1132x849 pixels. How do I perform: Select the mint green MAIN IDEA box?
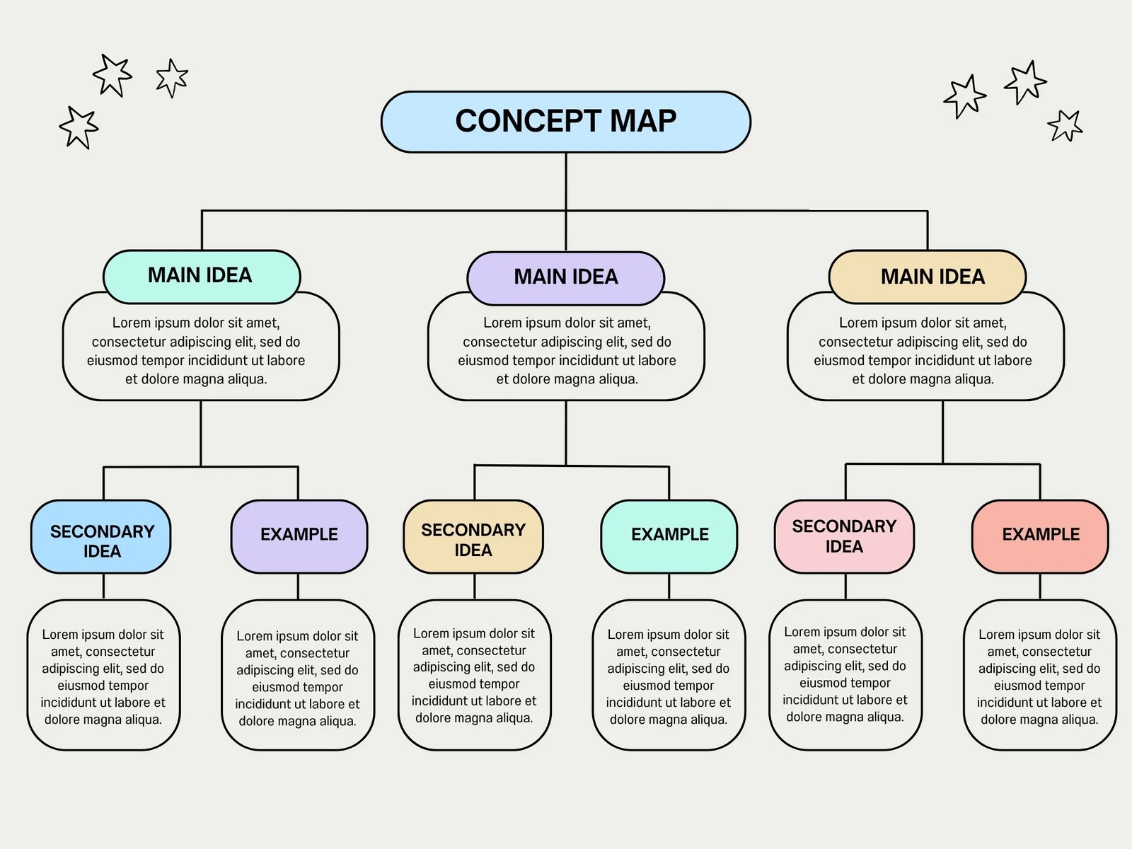(202, 275)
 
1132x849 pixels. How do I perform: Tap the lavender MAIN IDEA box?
(565, 277)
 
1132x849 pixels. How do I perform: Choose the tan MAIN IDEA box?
(927, 277)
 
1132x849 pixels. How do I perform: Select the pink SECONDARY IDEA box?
(844, 536)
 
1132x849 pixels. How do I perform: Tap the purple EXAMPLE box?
(299, 536)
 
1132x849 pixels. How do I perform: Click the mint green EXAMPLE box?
(669, 536)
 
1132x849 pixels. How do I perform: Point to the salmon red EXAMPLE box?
(1039, 536)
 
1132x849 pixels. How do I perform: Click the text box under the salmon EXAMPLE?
(1039, 676)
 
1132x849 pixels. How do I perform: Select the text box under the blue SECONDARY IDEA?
(103, 676)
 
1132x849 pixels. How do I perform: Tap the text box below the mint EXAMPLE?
(669, 676)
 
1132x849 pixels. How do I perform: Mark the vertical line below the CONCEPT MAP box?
(566, 180)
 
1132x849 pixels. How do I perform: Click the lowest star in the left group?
(79, 128)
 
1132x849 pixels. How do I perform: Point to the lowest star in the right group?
(1065, 126)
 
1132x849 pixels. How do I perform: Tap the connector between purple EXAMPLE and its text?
(298, 587)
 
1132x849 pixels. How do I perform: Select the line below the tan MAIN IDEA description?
(942, 432)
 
